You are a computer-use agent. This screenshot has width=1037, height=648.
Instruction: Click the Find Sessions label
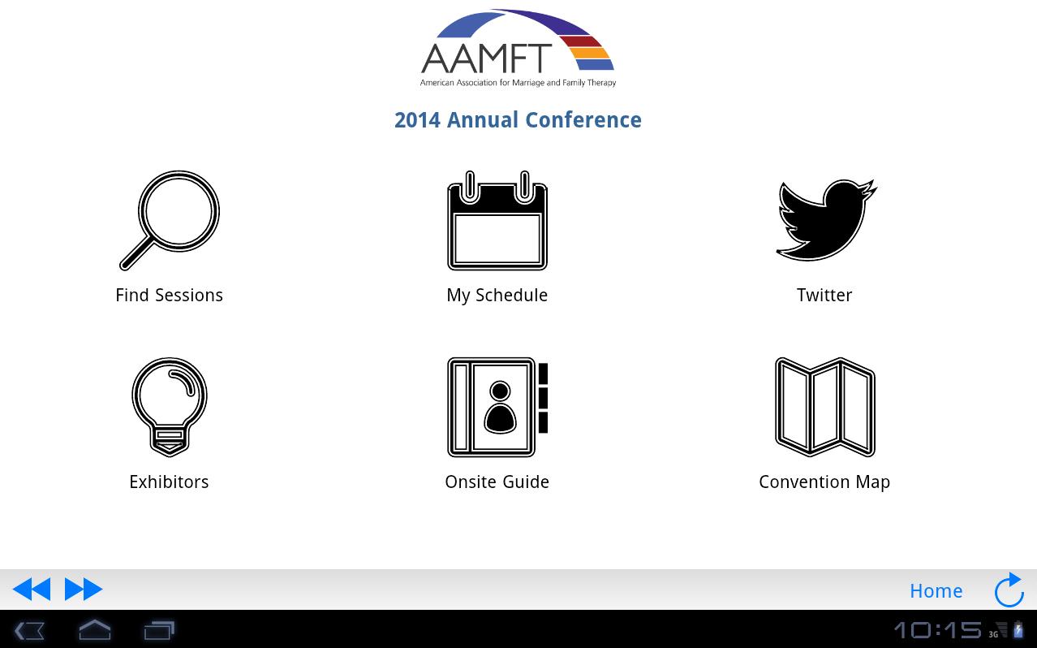tap(169, 295)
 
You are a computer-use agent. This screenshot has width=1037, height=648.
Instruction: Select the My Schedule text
tap(497, 295)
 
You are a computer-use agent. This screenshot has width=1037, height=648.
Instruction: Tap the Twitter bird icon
tap(825, 220)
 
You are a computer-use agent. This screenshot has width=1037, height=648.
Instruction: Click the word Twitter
tap(824, 295)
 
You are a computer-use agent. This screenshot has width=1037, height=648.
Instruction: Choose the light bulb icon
tap(170, 406)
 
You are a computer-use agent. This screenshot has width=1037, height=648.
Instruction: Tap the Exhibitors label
tap(169, 482)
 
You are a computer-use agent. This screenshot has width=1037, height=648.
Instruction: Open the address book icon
tap(497, 407)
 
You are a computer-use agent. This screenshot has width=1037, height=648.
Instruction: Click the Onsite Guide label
tap(497, 482)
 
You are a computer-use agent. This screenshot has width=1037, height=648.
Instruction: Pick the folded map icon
tap(825, 407)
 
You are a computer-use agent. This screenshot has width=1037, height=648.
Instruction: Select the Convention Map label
tap(824, 482)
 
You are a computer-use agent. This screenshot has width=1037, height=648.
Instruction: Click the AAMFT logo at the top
tap(518, 49)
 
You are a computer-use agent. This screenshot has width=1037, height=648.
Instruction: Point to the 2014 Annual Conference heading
tap(518, 120)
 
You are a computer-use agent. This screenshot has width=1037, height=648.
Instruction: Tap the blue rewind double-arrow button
tap(32, 589)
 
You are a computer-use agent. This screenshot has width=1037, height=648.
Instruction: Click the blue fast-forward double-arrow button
tap(84, 589)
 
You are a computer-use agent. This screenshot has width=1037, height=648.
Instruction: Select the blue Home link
tap(936, 590)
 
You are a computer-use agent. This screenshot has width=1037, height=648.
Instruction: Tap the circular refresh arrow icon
tap(1009, 590)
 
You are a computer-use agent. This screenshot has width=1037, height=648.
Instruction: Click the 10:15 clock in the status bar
tap(937, 630)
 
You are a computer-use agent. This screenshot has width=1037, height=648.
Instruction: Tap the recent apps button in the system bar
tap(159, 630)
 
